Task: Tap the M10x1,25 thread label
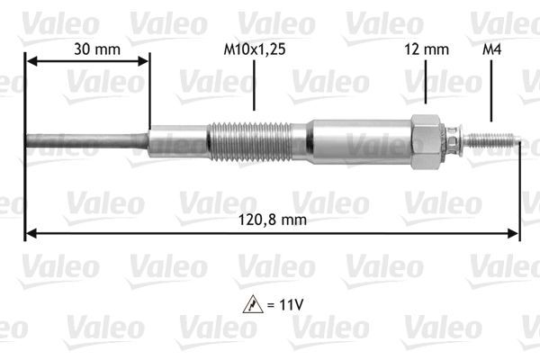(x=256, y=50)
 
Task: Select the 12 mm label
(x=425, y=50)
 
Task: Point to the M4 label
(x=491, y=50)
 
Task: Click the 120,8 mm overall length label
(x=270, y=220)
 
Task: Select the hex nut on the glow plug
(x=425, y=141)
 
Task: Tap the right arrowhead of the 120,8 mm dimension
(x=514, y=234)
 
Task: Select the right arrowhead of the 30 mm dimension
(x=143, y=61)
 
